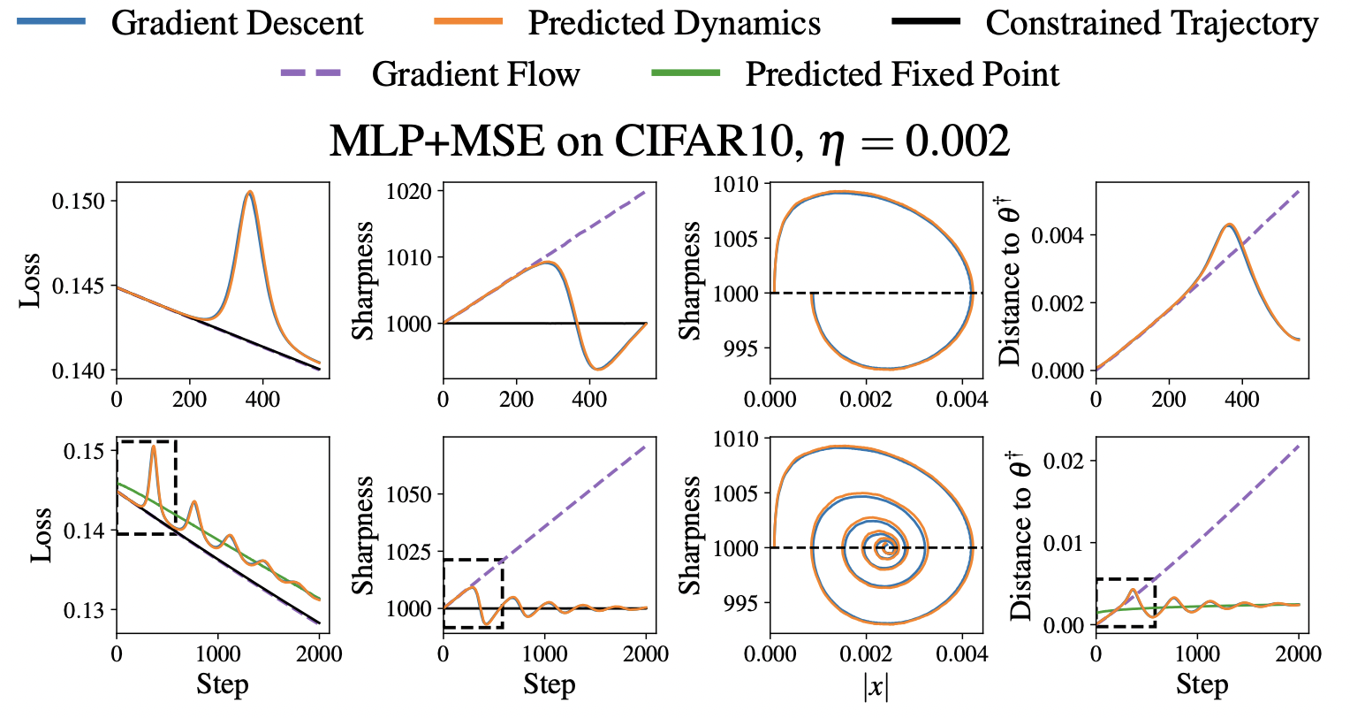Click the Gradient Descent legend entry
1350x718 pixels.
(x=237, y=24)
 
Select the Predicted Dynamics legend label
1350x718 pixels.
(x=674, y=24)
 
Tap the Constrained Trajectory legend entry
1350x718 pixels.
(x=1151, y=24)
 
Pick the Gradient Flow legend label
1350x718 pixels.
(x=475, y=74)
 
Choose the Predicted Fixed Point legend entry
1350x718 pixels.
(x=902, y=74)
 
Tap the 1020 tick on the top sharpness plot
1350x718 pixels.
(x=413, y=192)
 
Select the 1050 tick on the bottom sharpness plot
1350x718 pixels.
(x=413, y=494)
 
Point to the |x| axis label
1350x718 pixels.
(x=876, y=686)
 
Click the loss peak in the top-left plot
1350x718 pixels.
(x=250, y=192)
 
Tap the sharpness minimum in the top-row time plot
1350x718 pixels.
(x=598, y=368)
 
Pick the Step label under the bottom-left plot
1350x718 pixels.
(x=222, y=684)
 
